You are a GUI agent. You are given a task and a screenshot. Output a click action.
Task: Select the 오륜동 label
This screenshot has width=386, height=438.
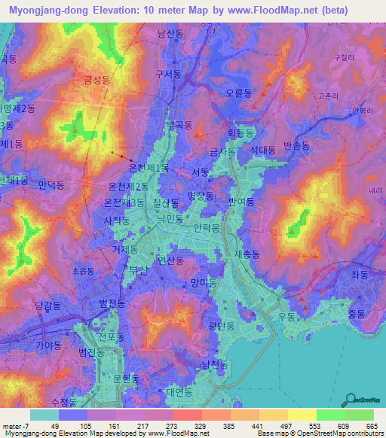point(239,95)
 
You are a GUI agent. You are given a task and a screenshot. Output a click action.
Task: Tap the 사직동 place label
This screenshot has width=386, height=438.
point(117,221)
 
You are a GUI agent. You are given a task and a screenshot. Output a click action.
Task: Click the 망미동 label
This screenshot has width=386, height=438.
point(204,282)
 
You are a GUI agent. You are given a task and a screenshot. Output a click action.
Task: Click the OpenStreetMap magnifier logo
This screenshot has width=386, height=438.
point(349,398)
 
